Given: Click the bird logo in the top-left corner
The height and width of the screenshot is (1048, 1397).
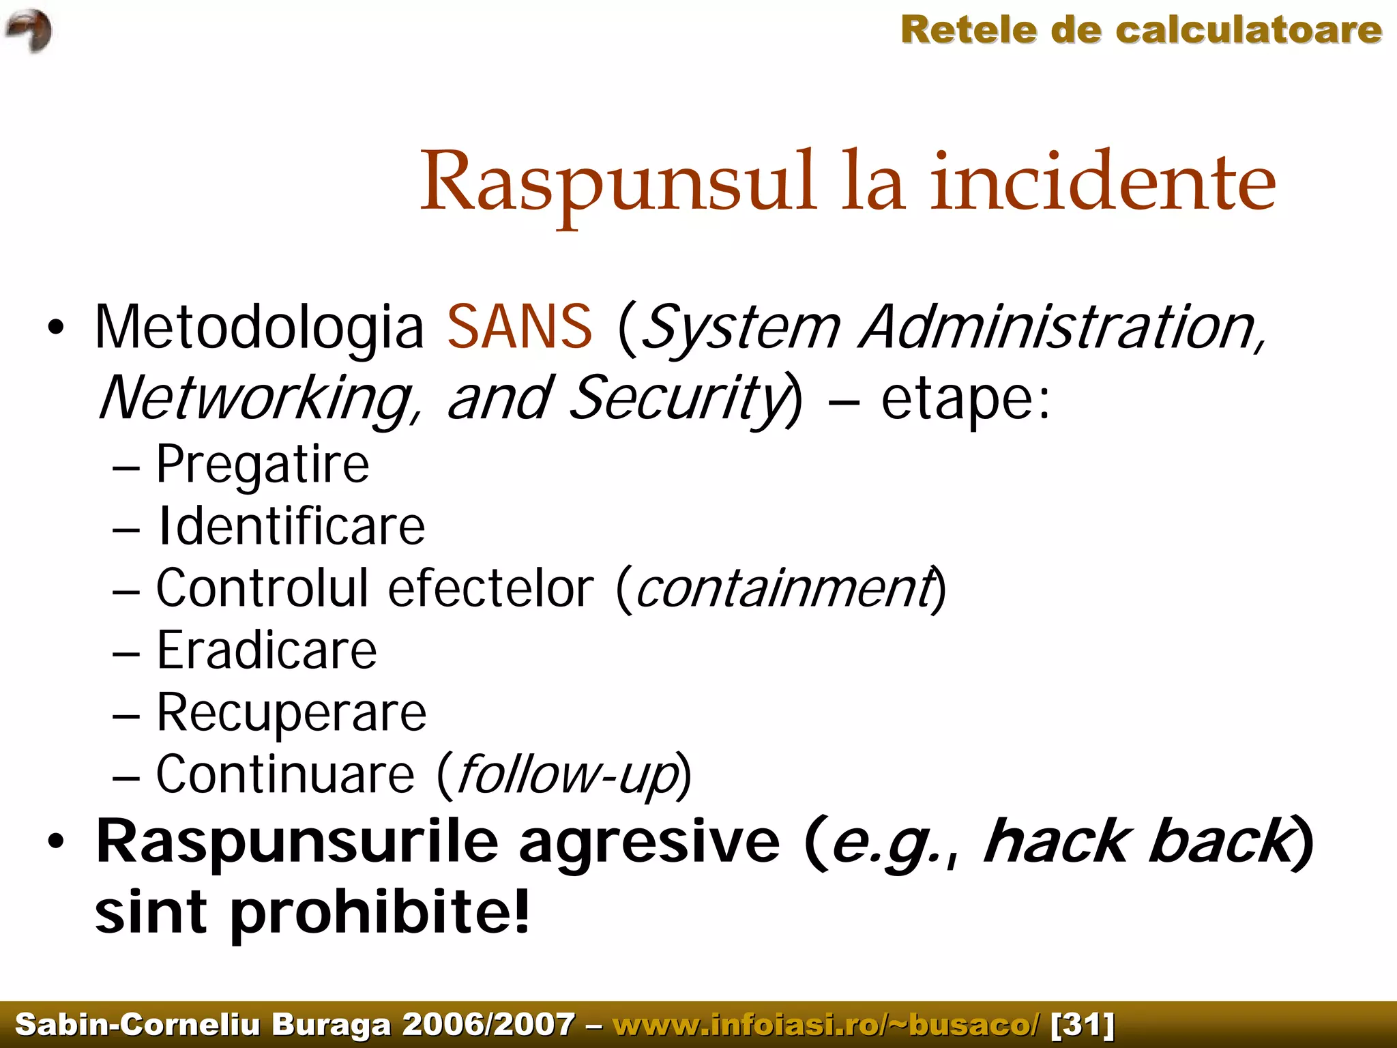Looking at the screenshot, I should pos(29,31).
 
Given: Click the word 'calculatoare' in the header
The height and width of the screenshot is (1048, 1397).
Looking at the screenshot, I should pos(1248,31).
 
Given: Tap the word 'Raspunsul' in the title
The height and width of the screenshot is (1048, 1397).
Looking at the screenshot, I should pos(617,183).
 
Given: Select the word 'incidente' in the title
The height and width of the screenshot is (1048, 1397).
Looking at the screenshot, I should pos(1102,183).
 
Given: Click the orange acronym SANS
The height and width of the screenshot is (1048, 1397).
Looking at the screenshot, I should pos(520,327).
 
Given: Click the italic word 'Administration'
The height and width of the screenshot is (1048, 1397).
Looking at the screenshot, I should pos(1061,327).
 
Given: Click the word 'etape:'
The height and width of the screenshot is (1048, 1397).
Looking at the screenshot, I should pos(965,399).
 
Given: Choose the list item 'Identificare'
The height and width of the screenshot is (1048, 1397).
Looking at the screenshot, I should pos(291,527).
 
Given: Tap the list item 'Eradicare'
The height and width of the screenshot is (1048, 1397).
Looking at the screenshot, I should pos(267,651).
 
